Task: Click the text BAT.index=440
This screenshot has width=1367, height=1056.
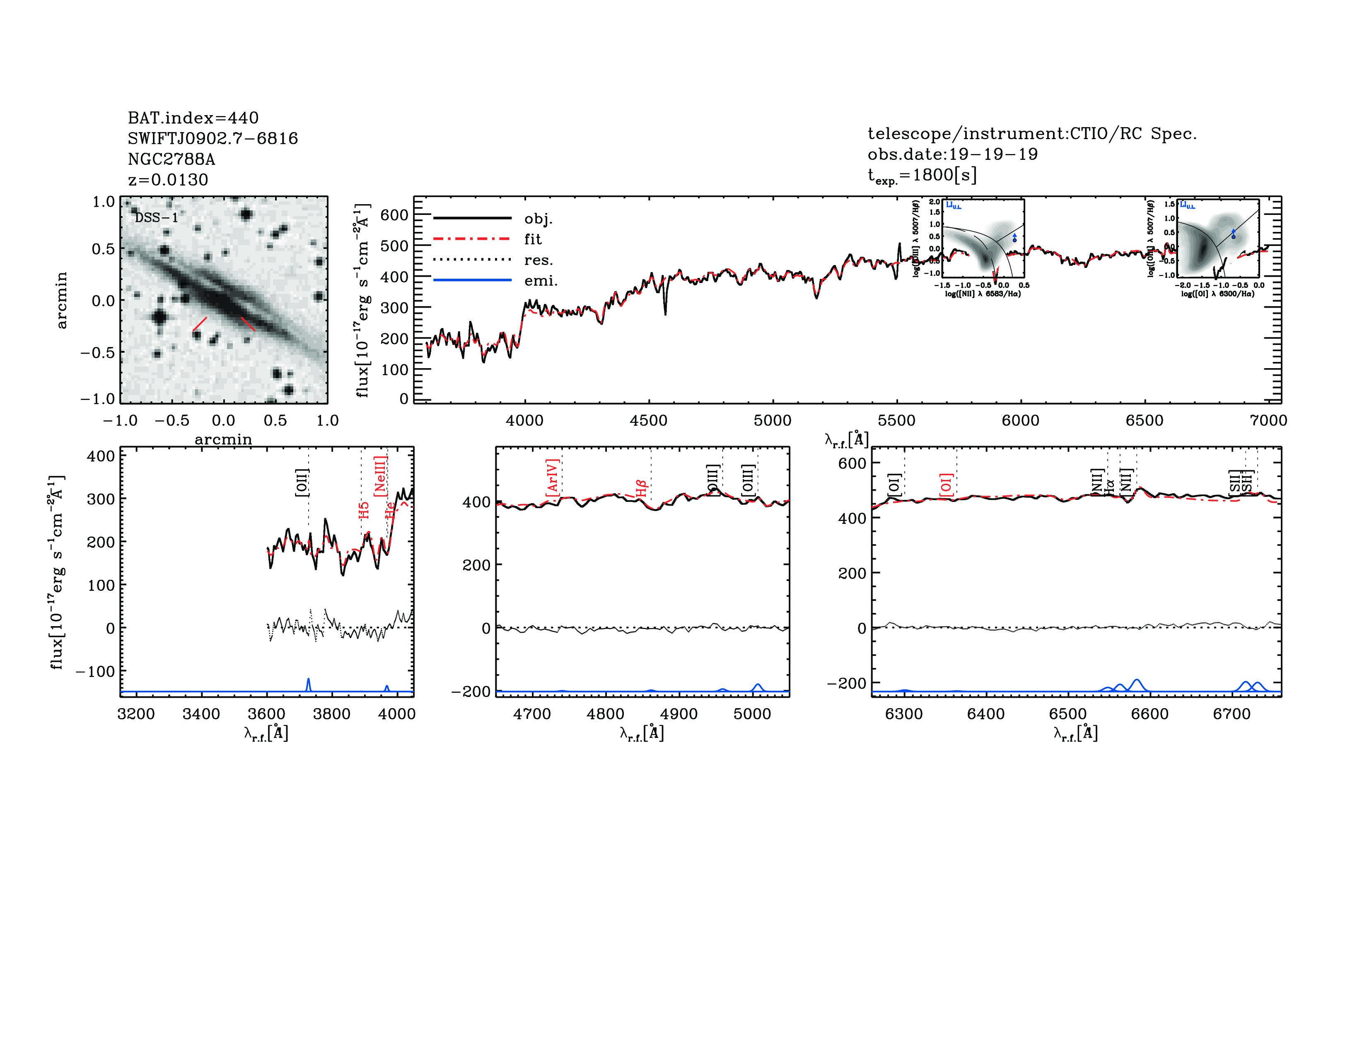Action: coord(193,118)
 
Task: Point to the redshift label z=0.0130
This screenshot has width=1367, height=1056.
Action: coord(168,180)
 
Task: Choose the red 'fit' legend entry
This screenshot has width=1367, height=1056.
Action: coord(533,239)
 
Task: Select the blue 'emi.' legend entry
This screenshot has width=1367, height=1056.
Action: coord(540,280)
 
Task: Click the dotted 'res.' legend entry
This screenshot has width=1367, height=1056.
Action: coord(538,260)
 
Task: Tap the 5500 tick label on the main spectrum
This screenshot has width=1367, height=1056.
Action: coord(896,420)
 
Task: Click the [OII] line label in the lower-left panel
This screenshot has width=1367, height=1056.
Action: coord(302,482)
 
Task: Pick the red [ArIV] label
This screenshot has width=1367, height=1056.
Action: coord(552,480)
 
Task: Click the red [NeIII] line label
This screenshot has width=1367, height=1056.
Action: coord(380,476)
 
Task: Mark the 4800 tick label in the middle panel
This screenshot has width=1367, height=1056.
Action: coord(605,714)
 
